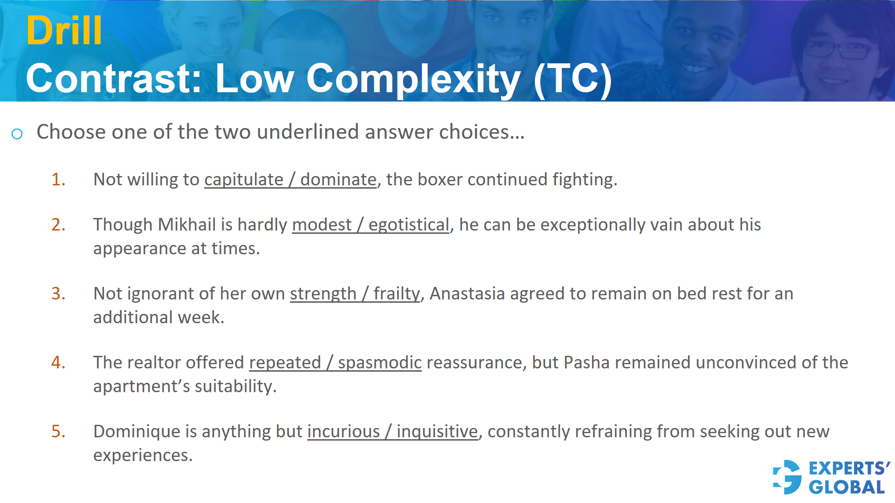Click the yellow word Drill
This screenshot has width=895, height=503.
click(64, 31)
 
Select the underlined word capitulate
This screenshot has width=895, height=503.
click(243, 179)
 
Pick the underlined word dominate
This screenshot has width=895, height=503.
click(338, 179)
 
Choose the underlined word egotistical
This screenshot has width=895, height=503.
click(408, 224)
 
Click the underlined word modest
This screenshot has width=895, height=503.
click(322, 224)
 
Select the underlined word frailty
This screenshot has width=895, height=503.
click(397, 293)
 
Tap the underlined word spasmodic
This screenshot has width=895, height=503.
click(379, 362)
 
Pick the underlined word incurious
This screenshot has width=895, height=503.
click(344, 431)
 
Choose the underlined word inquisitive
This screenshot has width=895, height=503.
click(437, 431)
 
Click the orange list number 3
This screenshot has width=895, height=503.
click(58, 293)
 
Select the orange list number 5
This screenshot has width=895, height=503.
click(58, 431)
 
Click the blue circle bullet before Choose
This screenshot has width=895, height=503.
click(17, 134)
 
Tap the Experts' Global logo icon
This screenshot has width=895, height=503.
click(787, 477)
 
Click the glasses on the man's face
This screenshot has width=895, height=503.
click(839, 49)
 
